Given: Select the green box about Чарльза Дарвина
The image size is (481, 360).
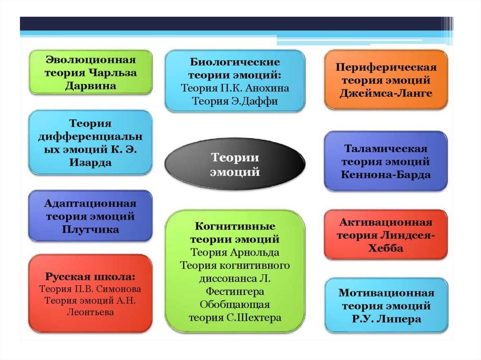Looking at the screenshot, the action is pyautogui.click(x=90, y=73).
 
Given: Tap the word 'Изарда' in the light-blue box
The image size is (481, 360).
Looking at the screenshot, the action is pyautogui.click(x=90, y=163).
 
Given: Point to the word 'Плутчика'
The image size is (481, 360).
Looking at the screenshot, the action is pyautogui.click(x=90, y=230).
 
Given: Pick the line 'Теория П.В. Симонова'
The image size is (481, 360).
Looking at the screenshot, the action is pyautogui.click(x=90, y=289).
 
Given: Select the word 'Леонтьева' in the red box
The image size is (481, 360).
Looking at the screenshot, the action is pyautogui.click(x=90, y=312).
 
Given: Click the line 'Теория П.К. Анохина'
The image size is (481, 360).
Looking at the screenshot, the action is pyautogui.click(x=235, y=88).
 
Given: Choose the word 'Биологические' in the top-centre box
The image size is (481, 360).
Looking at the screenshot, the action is pyautogui.click(x=235, y=62).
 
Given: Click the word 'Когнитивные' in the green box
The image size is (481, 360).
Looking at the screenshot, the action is pyautogui.click(x=235, y=227).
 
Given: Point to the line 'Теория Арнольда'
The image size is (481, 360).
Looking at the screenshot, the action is pyautogui.click(x=235, y=253).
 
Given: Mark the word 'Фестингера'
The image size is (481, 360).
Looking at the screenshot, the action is pyautogui.click(x=235, y=291).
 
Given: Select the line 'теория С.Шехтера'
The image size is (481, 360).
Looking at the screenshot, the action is pyautogui.click(x=235, y=317).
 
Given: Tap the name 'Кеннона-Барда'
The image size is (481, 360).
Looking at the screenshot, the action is pyautogui.click(x=386, y=175).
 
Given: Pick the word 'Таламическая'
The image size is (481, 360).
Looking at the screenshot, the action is pyautogui.click(x=386, y=149).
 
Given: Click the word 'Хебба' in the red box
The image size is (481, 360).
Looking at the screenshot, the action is pyautogui.click(x=386, y=248).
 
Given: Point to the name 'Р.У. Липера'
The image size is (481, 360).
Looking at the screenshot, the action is pyautogui.click(x=386, y=319).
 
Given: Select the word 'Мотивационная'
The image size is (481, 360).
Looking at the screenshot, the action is pyautogui.click(x=386, y=293).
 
